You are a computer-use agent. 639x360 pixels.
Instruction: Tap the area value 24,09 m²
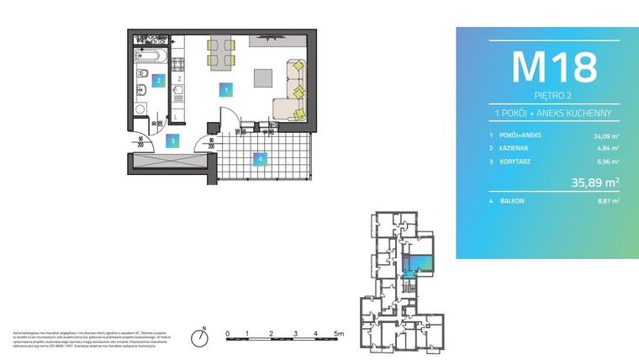pos(604,134)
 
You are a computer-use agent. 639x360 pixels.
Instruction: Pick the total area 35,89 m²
pos(594,182)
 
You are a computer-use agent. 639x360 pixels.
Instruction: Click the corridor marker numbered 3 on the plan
pos(172,140)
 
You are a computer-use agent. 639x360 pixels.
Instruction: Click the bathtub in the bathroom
pos(153,56)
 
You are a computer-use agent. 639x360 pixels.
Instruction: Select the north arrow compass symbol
pos(199,338)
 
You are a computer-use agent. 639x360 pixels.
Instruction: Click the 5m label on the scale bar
pos(339,333)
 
